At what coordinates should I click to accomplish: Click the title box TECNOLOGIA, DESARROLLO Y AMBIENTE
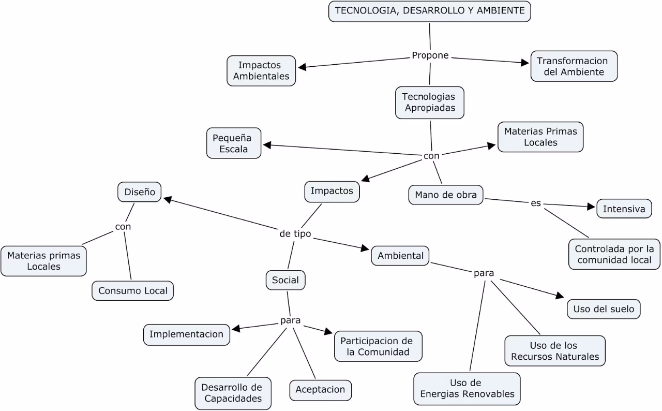pyautogui.click(x=429, y=11)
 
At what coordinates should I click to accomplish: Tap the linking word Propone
pyautogui.click(x=430, y=55)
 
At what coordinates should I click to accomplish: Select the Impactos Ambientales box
pyautogui.click(x=261, y=71)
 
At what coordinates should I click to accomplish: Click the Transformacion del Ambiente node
pyautogui.click(x=574, y=66)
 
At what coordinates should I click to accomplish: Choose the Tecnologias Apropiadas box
pyautogui.click(x=429, y=102)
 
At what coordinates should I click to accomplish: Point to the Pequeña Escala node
pyautogui.click(x=234, y=143)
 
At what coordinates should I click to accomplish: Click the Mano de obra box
pyautogui.click(x=446, y=195)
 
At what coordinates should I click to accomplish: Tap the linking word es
pyautogui.click(x=536, y=203)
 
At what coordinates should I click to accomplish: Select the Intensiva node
pyautogui.click(x=624, y=209)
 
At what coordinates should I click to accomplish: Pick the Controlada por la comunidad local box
pyautogui.click(x=614, y=254)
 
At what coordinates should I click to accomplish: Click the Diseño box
pyautogui.click(x=140, y=192)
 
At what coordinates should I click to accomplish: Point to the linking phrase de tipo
pyautogui.click(x=295, y=234)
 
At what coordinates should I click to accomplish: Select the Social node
pyautogui.click(x=285, y=280)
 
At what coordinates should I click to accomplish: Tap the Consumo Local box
pyautogui.click(x=133, y=290)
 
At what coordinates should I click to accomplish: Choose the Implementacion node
pyautogui.click(x=186, y=334)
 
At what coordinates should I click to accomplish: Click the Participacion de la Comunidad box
pyautogui.click(x=378, y=346)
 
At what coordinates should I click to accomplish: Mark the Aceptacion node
pyautogui.click(x=321, y=390)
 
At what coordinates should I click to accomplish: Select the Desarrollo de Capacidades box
pyautogui.click(x=232, y=393)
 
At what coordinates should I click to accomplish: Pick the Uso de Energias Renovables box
pyautogui.click(x=467, y=388)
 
